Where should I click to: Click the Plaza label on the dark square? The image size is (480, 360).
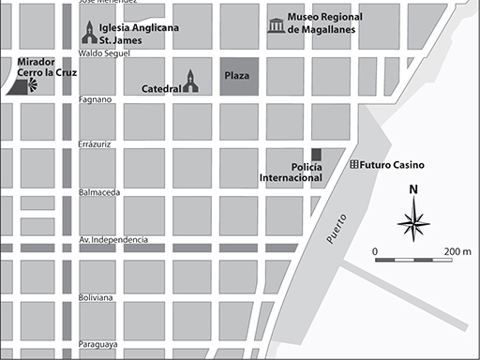(x=237, y=74)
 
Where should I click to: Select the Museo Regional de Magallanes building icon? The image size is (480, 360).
(x=276, y=25)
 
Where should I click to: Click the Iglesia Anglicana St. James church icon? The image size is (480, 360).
(x=88, y=34)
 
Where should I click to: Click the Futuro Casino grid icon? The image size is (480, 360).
(x=353, y=165)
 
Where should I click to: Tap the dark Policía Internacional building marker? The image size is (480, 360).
(x=316, y=154)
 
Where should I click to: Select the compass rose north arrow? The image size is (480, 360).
(x=413, y=223)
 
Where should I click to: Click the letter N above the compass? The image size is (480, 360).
(x=413, y=191)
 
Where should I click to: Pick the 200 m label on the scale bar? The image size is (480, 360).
(x=458, y=251)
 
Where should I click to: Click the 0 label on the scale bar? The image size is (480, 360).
(x=375, y=251)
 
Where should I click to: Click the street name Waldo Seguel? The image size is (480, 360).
(x=103, y=53)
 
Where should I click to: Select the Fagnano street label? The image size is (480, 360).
(x=96, y=98)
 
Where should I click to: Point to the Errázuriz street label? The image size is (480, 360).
(x=97, y=145)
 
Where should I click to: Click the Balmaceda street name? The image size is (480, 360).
(x=99, y=192)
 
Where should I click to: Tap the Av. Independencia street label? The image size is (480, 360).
(x=113, y=240)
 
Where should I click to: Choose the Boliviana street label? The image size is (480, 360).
(x=97, y=297)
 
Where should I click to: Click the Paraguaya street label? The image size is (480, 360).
(x=98, y=344)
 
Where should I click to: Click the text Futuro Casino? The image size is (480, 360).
(x=392, y=165)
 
